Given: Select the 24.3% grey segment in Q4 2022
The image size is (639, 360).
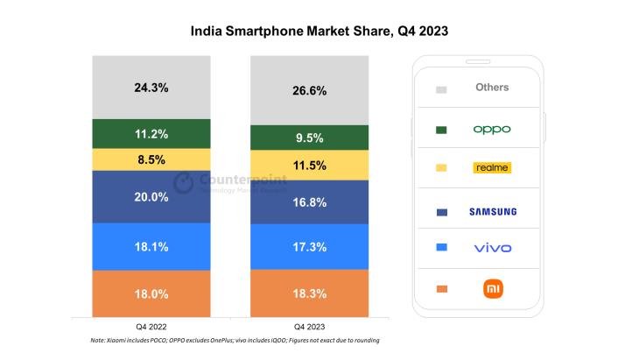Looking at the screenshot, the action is click(151, 88).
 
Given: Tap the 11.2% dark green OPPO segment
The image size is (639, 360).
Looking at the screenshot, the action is click(151, 134).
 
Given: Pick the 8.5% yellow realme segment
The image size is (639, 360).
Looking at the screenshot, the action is click(151, 159).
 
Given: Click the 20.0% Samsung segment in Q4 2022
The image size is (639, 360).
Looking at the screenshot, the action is click(151, 197).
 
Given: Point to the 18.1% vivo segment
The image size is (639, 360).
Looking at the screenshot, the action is click(151, 247).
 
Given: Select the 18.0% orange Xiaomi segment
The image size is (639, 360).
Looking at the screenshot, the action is click(151, 293).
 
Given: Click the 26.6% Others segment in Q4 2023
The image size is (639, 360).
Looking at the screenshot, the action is click(309, 90).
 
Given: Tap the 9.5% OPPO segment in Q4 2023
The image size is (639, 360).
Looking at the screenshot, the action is click(309, 138).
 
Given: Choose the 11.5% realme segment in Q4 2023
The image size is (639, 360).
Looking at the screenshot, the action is click(309, 166).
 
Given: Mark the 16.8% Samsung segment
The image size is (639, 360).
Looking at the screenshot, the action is click(309, 202).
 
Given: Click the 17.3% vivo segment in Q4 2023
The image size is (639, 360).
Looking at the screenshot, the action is click(309, 247).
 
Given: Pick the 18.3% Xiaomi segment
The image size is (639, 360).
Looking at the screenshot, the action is click(309, 293).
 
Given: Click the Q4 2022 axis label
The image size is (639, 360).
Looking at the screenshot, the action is click(151, 327).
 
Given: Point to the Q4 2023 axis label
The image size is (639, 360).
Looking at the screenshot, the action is click(309, 327).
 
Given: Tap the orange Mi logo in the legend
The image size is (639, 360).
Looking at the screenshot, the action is click(493, 289).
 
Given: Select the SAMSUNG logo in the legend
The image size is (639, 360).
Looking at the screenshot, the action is click(493, 212).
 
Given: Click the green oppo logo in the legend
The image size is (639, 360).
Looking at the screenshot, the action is click(492, 130).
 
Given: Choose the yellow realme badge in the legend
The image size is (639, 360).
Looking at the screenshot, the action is click(492, 167).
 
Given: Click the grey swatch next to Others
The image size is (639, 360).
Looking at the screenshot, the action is click(441, 89).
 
